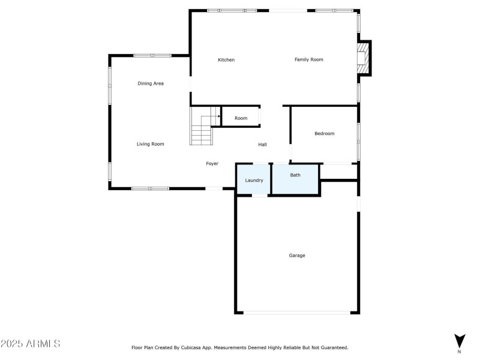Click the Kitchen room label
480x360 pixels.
click(226, 60)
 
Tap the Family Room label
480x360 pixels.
click(309, 59)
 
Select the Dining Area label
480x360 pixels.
click(151, 83)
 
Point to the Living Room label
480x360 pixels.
click(150, 144)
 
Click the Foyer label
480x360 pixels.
click(212, 164)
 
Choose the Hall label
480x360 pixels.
click(263, 145)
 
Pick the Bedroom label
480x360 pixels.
click(325, 134)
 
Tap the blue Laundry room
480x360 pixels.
click(254, 179)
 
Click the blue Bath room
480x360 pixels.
click(295, 179)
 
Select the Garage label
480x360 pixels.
click(297, 256)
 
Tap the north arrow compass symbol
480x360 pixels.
click(459, 340)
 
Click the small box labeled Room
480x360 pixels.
click(241, 118)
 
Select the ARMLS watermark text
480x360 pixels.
click(31, 344)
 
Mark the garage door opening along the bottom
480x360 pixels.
click(298, 312)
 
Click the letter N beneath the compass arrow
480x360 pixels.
click(459, 352)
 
